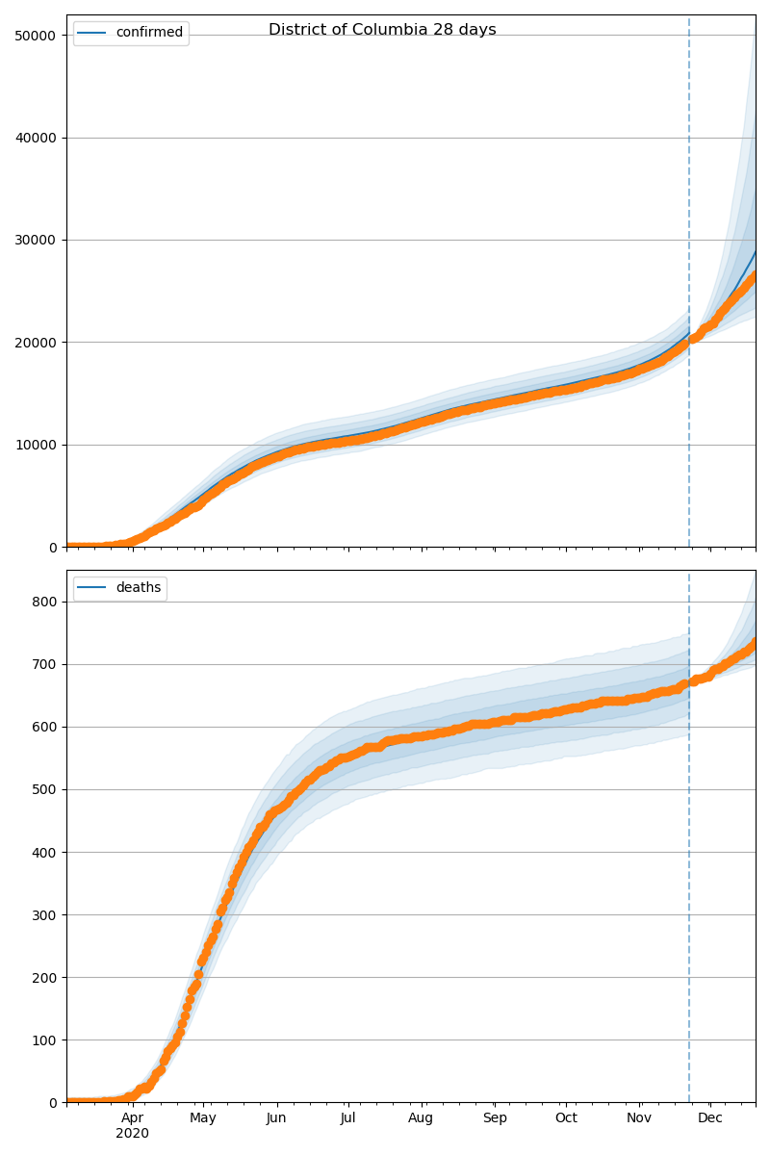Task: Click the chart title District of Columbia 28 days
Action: tap(382, 30)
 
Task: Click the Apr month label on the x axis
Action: tap(133, 1118)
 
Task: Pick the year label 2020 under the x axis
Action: tap(133, 1134)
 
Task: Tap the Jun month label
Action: tap(277, 1118)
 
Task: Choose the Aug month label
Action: tap(421, 1118)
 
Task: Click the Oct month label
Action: tap(566, 1118)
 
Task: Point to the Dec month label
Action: tap(710, 1118)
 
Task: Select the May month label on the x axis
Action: tap(203, 1118)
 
